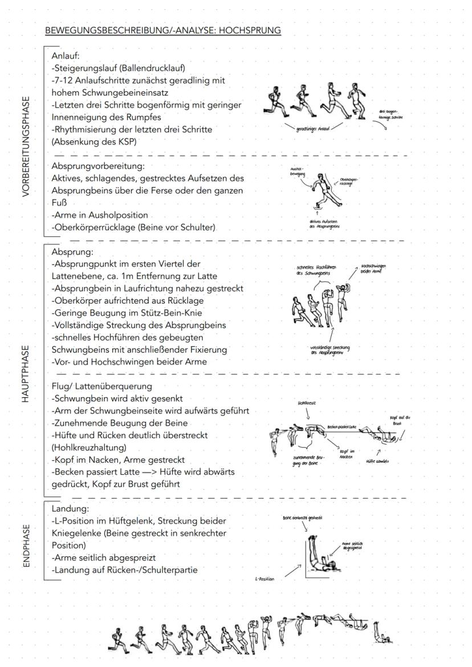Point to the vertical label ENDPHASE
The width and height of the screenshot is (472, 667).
(26, 541)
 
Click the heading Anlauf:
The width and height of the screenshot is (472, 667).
(66, 56)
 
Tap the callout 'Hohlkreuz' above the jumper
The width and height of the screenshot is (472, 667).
(305, 402)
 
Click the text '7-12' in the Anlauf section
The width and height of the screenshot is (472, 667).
(63, 80)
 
